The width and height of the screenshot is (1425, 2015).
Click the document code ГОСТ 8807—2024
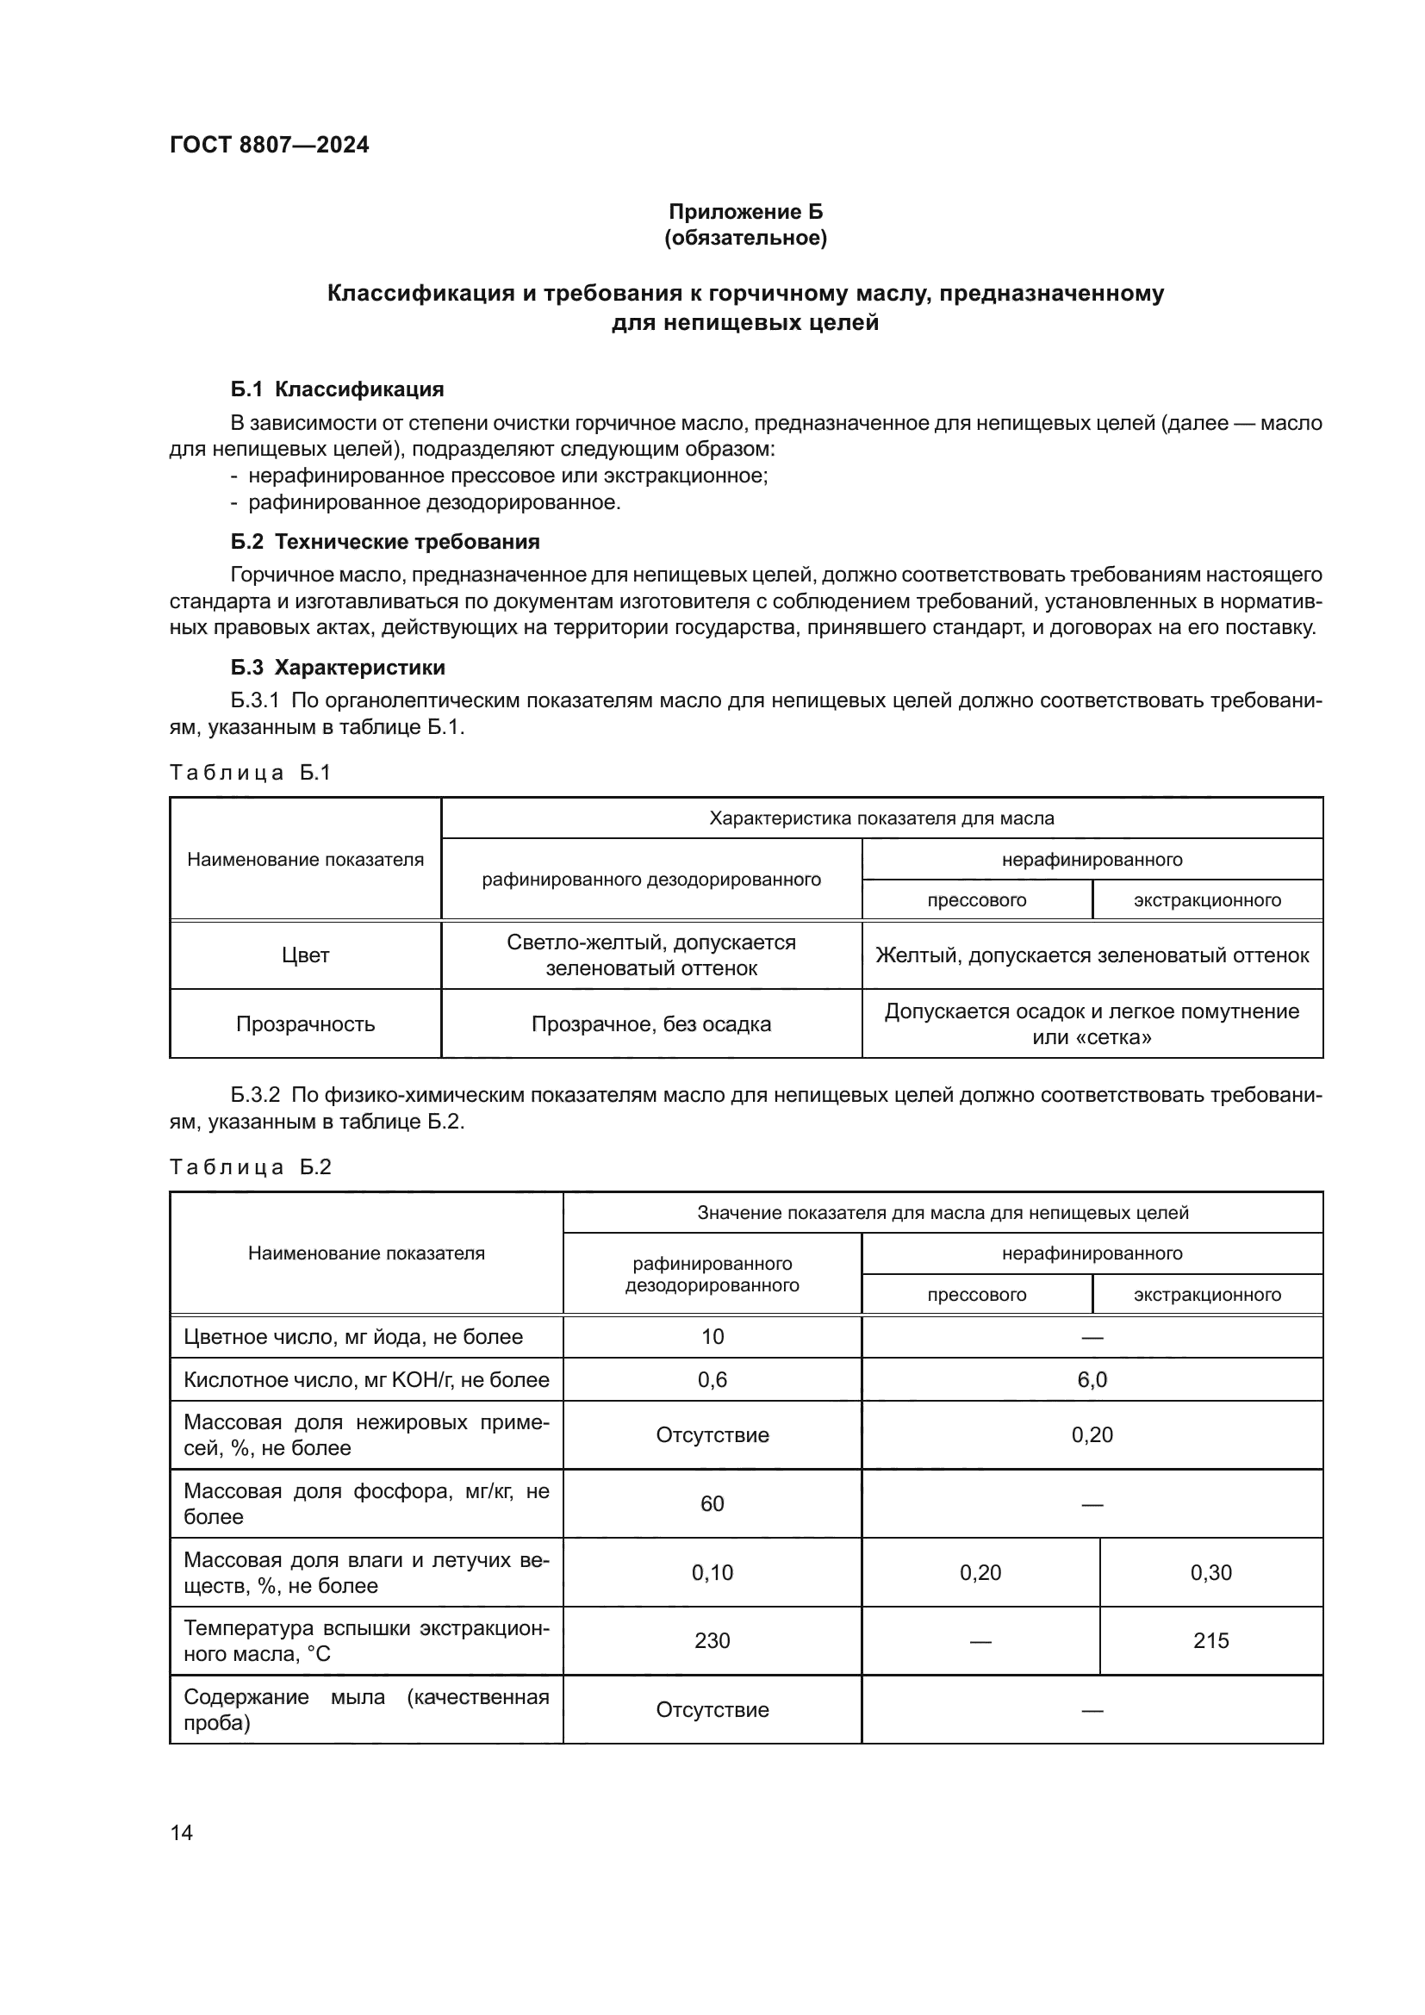(270, 145)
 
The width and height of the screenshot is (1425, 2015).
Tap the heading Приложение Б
(745, 212)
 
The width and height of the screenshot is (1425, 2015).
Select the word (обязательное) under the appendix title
(745, 238)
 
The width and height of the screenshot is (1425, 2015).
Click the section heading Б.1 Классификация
(337, 389)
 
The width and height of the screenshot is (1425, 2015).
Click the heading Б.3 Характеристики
(338, 667)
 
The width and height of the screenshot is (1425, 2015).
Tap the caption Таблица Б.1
(250, 772)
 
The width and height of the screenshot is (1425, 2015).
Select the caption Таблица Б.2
(250, 1167)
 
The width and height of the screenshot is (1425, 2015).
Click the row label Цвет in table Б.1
(305, 955)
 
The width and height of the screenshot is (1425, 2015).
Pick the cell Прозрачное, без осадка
(651, 1024)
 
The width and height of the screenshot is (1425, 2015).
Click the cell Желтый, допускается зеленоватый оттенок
(1092, 955)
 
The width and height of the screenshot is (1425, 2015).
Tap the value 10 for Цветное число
(712, 1337)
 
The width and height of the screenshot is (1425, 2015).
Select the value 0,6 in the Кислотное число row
(712, 1379)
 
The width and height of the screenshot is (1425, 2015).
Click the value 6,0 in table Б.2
(1092, 1379)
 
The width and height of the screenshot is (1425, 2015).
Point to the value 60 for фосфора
(712, 1504)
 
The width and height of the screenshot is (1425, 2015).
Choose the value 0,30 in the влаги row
(1210, 1573)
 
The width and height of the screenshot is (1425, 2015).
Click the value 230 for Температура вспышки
(712, 1640)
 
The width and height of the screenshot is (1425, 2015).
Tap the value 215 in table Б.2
(1210, 1640)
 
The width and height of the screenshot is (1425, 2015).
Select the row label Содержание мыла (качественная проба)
(366, 1709)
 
